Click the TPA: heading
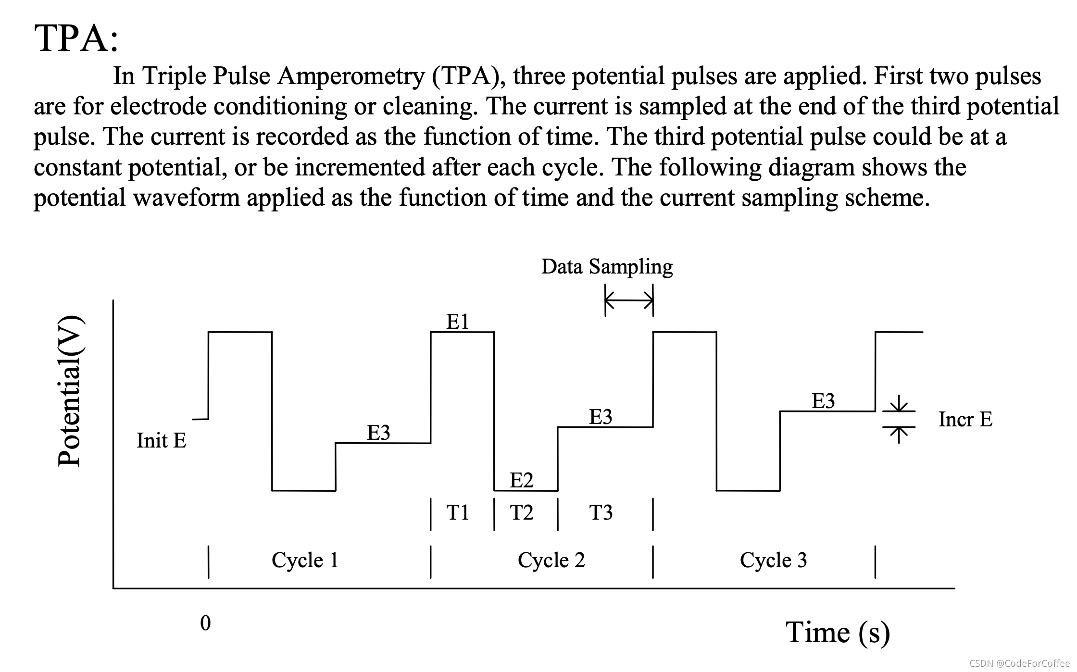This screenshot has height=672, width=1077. (x=76, y=38)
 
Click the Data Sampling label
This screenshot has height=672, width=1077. (x=607, y=267)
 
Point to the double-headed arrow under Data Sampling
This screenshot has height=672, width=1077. (x=629, y=301)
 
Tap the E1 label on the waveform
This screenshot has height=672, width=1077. (x=457, y=322)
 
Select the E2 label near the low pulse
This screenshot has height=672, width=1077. (x=521, y=480)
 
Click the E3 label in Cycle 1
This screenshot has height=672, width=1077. (x=378, y=433)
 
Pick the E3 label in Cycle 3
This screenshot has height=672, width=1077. (x=823, y=401)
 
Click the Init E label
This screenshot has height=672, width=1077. (x=161, y=440)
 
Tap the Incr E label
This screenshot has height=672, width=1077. (x=965, y=419)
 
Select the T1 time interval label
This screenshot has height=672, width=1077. (x=457, y=512)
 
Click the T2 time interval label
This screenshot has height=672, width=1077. (x=521, y=512)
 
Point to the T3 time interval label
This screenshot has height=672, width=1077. (x=601, y=512)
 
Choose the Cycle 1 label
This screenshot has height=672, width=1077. (x=305, y=560)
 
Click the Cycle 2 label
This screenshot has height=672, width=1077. (x=551, y=560)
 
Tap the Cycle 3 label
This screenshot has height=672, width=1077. (x=773, y=560)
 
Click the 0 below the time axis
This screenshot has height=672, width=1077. (x=205, y=623)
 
